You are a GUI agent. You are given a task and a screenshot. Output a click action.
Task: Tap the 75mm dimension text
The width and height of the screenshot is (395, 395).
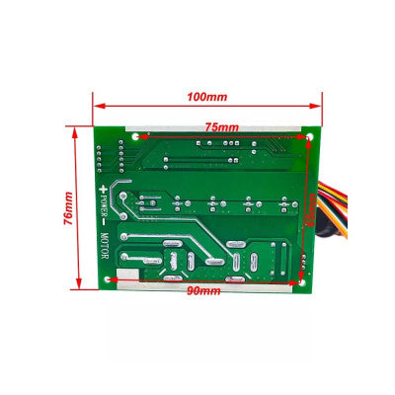pos(221,127)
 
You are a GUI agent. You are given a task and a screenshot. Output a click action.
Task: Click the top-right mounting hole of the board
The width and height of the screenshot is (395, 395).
pos(313,137)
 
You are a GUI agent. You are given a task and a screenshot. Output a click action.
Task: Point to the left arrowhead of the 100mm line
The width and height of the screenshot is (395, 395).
pos(96,109)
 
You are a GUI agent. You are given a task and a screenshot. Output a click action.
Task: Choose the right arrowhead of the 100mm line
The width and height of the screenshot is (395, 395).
pos(318,109)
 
